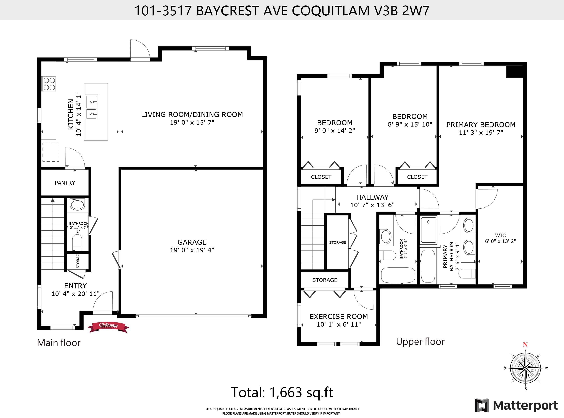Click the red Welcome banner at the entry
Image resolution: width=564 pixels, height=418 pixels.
pyautogui.click(x=108, y=327)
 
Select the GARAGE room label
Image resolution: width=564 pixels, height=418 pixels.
pyautogui.click(x=192, y=242)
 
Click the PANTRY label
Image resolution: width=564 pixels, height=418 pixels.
pyautogui.click(x=65, y=183)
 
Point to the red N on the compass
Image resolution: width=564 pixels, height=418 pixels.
pyautogui.click(x=525, y=345)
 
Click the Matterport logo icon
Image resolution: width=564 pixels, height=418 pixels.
pyautogui.click(x=482, y=405)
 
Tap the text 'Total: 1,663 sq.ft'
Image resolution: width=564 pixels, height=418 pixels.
pyautogui.click(x=282, y=392)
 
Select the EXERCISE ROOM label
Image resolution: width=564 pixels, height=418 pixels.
pyautogui.click(x=339, y=317)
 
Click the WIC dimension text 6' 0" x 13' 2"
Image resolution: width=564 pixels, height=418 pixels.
pyautogui.click(x=500, y=241)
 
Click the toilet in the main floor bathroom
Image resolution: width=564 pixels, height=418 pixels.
pyautogui.click(x=77, y=242)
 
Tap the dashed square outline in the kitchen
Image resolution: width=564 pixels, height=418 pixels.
pyautogui.click(x=51, y=152)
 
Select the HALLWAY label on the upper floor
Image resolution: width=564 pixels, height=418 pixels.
pyautogui.click(x=372, y=197)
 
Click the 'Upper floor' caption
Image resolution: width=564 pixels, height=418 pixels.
pyautogui.click(x=420, y=342)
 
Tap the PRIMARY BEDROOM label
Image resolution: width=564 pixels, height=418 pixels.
pyautogui.click(x=481, y=125)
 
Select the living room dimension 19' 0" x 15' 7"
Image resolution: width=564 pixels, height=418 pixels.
pyautogui.click(x=192, y=122)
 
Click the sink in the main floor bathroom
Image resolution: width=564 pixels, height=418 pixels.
pyautogui.click(x=77, y=204)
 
